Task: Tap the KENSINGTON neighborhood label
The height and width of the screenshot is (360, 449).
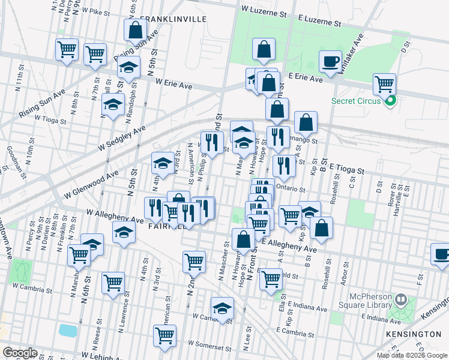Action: (x=414, y=333)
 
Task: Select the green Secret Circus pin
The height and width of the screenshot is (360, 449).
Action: (x=391, y=101)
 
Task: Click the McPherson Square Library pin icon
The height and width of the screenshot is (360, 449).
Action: (x=401, y=298)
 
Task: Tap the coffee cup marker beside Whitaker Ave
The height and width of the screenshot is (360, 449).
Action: (x=330, y=61)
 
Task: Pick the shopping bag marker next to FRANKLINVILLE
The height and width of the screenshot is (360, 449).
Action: (x=136, y=30)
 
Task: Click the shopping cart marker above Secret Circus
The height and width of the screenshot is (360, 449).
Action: (x=384, y=84)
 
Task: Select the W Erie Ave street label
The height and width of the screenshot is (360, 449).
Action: (x=173, y=85)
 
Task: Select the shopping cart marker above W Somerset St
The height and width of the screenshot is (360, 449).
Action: (x=164, y=335)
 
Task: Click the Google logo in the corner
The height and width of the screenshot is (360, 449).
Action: (x=20, y=353)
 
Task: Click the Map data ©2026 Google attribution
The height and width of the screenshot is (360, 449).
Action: (x=411, y=355)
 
